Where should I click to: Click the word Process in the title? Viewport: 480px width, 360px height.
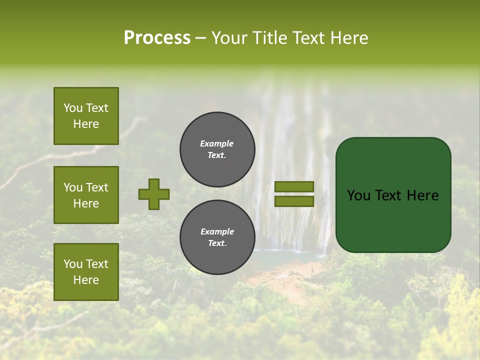[x=157, y=38]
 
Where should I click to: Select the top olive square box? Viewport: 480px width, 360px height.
[x=86, y=116]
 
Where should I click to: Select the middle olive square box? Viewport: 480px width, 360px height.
[x=86, y=195]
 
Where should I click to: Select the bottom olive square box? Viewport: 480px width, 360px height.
[x=86, y=272]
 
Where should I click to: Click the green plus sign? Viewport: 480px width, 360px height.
[x=154, y=194]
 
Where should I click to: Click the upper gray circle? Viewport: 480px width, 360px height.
[x=217, y=149]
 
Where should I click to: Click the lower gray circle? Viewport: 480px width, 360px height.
[x=217, y=237]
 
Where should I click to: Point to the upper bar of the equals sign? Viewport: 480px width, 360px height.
[x=294, y=187]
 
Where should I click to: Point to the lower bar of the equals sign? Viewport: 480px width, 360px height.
[x=294, y=201]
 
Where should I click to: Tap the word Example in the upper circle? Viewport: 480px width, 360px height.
[x=217, y=143]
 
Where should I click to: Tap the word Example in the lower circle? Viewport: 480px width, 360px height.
[x=217, y=231]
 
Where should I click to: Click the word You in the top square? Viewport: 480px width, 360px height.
[x=72, y=108]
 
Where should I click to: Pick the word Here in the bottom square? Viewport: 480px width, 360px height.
[x=86, y=280]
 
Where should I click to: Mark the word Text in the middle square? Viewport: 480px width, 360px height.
[x=97, y=187]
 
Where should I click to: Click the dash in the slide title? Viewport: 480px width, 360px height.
[x=200, y=38]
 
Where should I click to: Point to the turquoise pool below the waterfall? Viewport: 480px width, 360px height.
[x=290, y=257]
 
